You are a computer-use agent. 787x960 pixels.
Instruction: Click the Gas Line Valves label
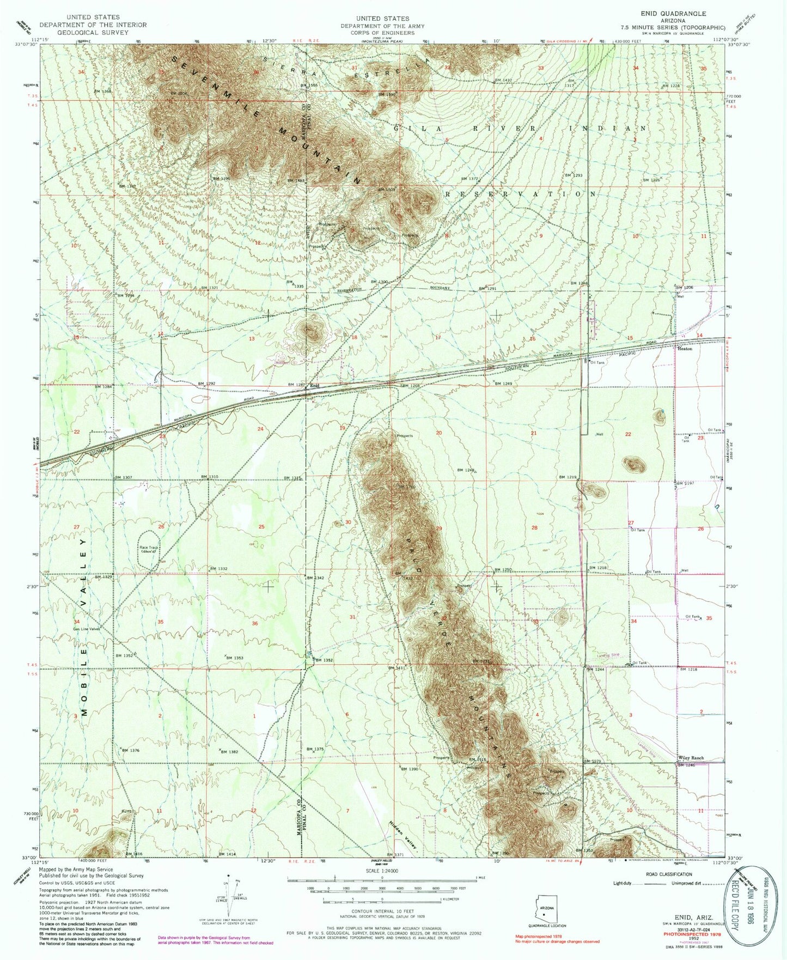point(87,629)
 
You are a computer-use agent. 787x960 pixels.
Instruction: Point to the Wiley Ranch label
point(691,758)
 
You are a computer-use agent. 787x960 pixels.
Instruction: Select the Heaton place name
point(685,348)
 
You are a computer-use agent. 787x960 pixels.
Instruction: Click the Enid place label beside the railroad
point(314,386)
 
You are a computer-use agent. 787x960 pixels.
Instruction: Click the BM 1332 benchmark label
point(218,569)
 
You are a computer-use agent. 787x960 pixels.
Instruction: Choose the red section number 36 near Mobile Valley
point(254,623)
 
